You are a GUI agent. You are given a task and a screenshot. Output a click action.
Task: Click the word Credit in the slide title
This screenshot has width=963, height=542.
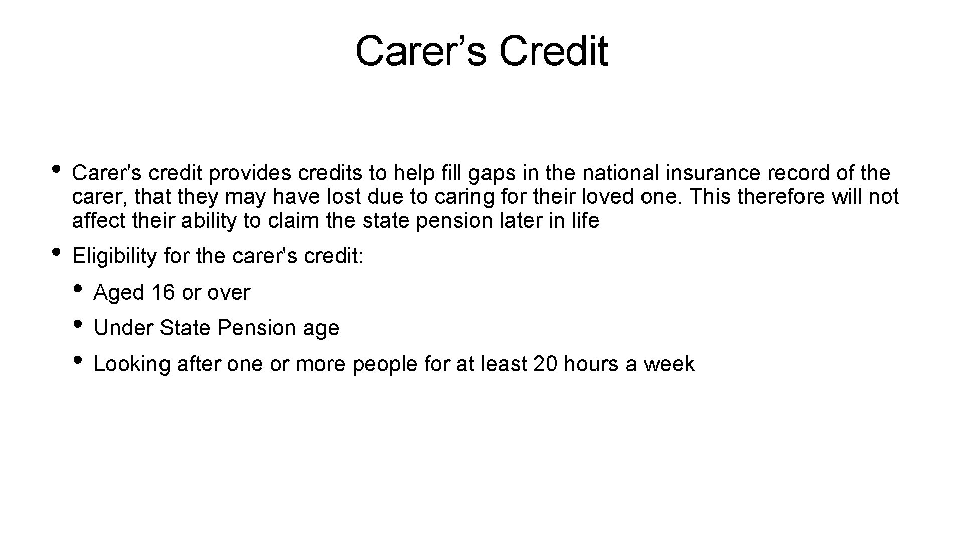554,51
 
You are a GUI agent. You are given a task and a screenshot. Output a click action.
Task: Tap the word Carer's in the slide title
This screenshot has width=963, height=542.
420,51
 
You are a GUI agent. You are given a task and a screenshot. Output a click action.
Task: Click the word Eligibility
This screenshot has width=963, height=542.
115,256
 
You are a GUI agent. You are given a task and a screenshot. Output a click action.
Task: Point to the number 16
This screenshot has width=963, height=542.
163,293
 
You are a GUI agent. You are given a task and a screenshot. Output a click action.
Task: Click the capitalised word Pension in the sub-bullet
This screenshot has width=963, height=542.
256,328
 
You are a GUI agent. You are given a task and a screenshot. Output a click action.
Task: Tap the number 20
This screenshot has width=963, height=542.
545,364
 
